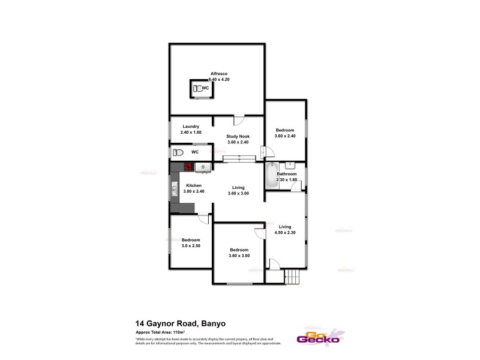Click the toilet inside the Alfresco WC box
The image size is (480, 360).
(x=197, y=88)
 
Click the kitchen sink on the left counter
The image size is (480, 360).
(x=175, y=191)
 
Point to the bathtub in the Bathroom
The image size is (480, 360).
(x=271, y=175)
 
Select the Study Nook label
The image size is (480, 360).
(x=237, y=136)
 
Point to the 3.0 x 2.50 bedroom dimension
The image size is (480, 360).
(x=191, y=245)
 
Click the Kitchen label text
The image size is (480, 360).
(x=193, y=185)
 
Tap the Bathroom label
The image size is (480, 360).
(x=287, y=174)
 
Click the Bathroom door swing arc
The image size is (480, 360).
(x=296, y=187)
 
